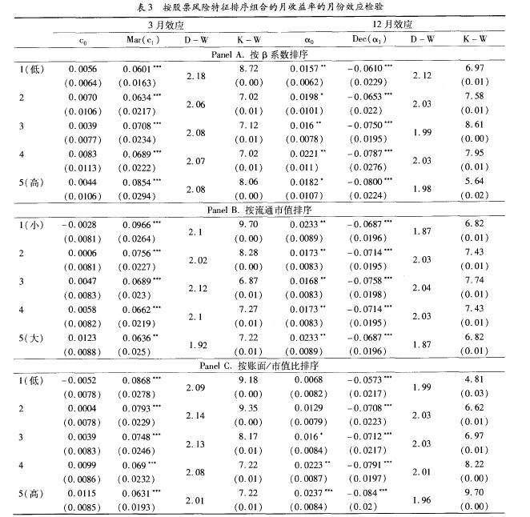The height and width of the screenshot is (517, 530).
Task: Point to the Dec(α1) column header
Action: pos(369,38)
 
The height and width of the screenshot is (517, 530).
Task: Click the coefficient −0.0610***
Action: pos(370,70)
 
